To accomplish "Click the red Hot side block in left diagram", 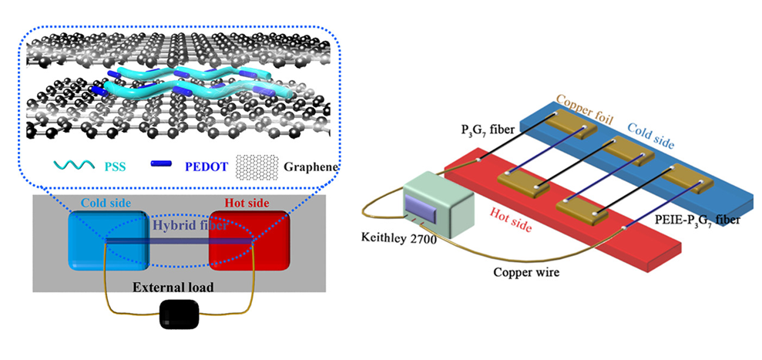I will click(251, 239).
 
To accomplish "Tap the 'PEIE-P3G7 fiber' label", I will click(698, 222).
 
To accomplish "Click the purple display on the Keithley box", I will click(419, 206).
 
